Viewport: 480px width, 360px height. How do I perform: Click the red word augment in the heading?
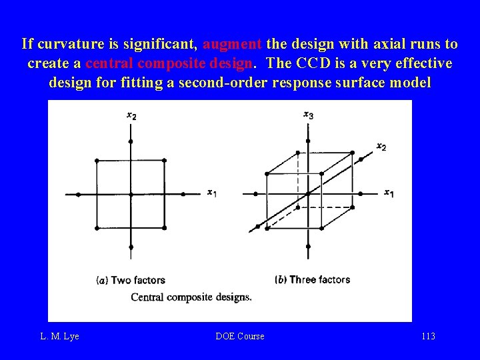[x=232, y=45]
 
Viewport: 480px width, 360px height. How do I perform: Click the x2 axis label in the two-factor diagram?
[x=131, y=116]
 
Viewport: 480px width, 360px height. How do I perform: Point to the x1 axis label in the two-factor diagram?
[x=211, y=193]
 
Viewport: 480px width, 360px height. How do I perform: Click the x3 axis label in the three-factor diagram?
[x=308, y=115]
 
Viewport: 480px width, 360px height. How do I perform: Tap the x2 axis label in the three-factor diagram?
[x=381, y=146]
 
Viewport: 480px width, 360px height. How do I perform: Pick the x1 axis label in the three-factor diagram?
[x=388, y=193]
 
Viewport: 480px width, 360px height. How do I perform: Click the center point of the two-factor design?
[x=131, y=194]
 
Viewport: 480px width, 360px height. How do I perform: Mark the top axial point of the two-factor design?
[x=131, y=141]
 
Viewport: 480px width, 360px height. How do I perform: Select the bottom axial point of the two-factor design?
[x=131, y=247]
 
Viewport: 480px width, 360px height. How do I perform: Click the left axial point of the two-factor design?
[x=78, y=194]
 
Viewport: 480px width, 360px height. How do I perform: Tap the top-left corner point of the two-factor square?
[x=97, y=161]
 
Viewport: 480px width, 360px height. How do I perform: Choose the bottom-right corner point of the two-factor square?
[x=164, y=228]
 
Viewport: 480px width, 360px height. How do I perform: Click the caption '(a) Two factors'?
[x=131, y=280]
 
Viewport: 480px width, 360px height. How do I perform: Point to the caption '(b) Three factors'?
[x=312, y=279]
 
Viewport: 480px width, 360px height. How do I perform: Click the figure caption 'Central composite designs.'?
[x=191, y=297]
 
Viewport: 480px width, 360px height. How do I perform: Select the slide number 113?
[x=428, y=337]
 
